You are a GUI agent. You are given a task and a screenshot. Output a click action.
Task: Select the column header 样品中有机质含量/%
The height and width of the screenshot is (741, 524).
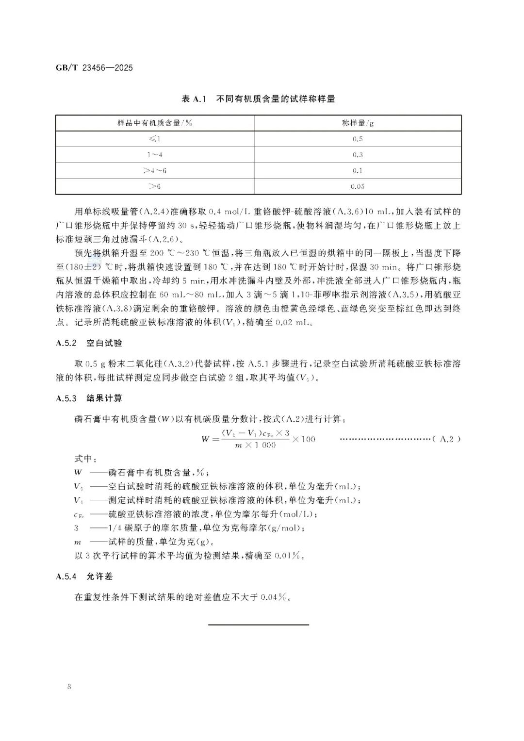click(x=155, y=123)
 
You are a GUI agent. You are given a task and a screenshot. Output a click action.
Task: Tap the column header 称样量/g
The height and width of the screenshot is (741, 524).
click(x=358, y=123)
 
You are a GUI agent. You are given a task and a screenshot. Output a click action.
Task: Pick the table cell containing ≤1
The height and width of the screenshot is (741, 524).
click(x=155, y=139)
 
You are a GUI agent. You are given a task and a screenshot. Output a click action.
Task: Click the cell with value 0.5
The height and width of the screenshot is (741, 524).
click(x=358, y=139)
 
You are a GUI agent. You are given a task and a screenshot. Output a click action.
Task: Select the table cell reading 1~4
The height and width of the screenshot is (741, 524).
click(x=155, y=155)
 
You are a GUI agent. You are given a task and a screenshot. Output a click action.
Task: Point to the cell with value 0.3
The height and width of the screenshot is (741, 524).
click(x=358, y=155)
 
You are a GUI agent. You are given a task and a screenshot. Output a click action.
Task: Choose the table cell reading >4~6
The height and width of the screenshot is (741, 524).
click(x=155, y=171)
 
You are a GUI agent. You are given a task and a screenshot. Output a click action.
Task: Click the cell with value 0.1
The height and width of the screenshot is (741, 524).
click(x=358, y=171)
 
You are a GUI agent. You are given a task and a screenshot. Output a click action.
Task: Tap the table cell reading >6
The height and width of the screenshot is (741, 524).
click(x=155, y=186)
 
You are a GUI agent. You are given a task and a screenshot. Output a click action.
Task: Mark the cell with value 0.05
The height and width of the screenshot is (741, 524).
click(x=358, y=186)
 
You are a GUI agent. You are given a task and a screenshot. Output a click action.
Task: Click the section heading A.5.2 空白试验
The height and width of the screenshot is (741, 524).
click(x=89, y=343)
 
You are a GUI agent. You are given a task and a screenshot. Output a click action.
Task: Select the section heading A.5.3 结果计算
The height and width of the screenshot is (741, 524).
click(x=89, y=398)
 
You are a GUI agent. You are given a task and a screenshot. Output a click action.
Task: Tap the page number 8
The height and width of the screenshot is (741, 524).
click(x=70, y=687)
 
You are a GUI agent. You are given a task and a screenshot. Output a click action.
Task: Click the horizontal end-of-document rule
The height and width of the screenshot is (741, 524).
click(x=259, y=625)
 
